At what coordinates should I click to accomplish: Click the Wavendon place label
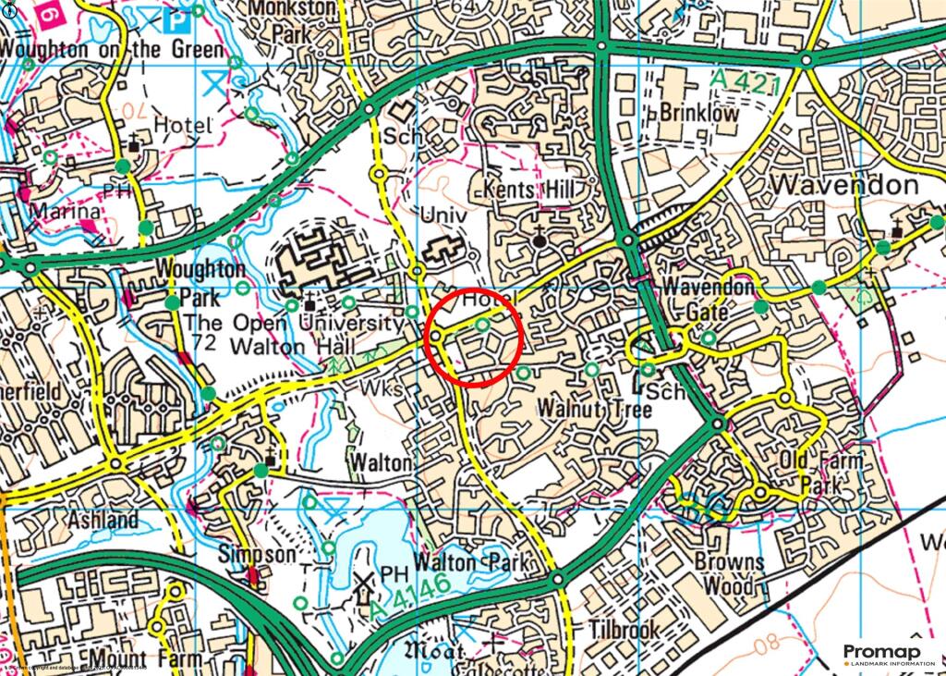tap(843, 184)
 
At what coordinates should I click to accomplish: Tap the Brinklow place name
tap(698, 114)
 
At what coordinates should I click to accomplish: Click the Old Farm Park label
tap(821, 472)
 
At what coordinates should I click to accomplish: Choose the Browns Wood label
tap(730, 573)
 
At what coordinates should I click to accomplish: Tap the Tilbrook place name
tap(625, 630)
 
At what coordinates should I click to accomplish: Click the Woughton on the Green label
tap(112, 49)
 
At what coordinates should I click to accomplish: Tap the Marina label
tap(63, 213)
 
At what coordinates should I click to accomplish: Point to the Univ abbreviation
tap(439, 214)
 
